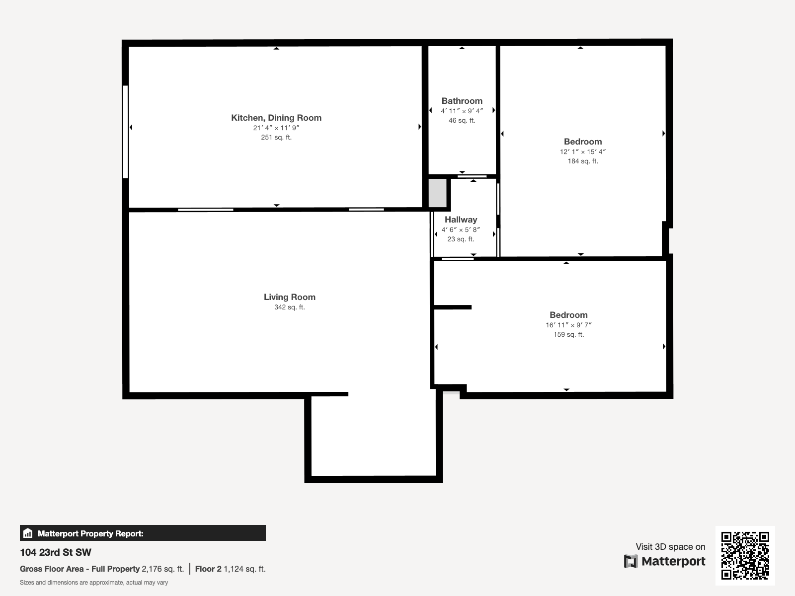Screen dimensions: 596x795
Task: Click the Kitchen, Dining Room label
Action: (276, 118)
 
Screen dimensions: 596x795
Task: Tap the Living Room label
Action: (289, 297)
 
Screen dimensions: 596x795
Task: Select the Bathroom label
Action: (462, 101)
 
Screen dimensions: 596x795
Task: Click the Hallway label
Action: (461, 220)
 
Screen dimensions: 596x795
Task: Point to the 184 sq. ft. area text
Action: (583, 161)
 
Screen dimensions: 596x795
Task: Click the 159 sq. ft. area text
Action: (568, 335)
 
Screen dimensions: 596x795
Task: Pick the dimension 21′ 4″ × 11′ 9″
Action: (276, 128)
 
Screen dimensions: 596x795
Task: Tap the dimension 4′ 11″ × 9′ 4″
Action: (462, 111)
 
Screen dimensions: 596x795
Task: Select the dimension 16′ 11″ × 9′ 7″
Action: (568, 325)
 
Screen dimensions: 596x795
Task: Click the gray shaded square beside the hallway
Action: (437, 193)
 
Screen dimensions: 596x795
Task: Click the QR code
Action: (745, 556)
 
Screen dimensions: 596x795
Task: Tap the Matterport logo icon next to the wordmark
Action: (631, 561)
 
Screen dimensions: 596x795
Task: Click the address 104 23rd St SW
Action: (56, 552)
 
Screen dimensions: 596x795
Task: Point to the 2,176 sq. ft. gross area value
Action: (162, 569)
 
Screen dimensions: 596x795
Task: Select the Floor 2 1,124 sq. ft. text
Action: (230, 569)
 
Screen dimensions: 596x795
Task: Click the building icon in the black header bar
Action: (28, 533)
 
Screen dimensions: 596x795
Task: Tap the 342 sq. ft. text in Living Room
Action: (289, 307)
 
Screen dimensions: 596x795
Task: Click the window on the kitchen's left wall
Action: (125, 132)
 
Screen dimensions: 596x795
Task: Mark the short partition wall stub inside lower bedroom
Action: (453, 307)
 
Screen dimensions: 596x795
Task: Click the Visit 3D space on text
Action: (670, 547)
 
